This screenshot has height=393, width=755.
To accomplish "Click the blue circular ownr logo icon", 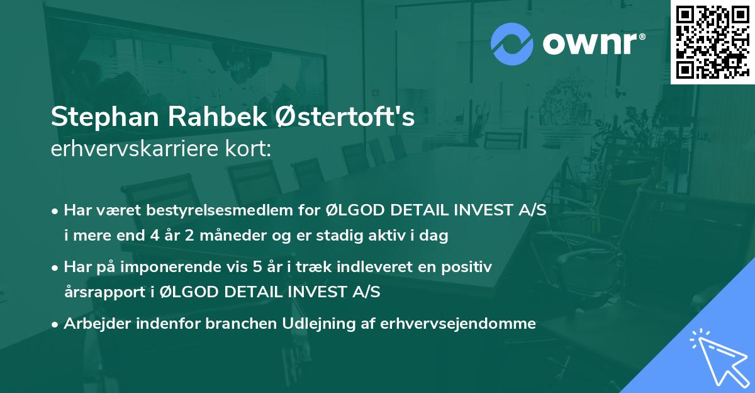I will (512, 43).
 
